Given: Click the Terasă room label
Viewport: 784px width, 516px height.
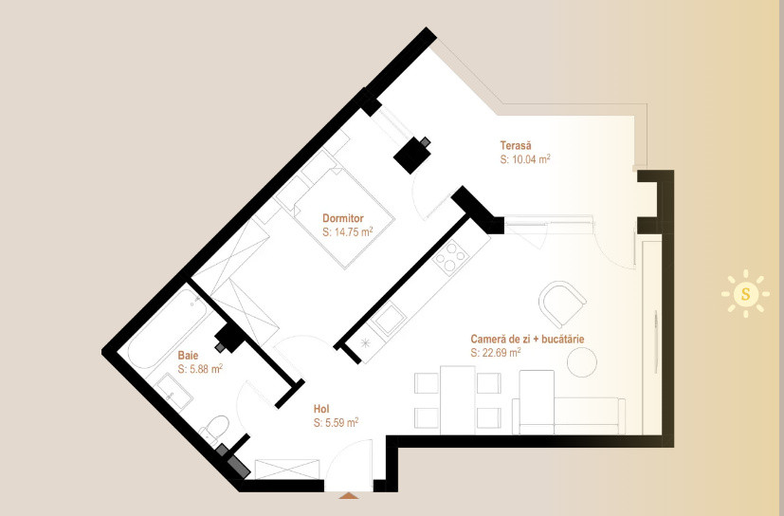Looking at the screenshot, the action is (516, 146).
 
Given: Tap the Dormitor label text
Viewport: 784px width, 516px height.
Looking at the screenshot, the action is (342, 218).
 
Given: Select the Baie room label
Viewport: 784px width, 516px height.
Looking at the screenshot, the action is (188, 356).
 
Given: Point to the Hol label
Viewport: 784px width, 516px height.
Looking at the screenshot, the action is (321, 409).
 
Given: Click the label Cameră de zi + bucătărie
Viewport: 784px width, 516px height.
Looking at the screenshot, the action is (527, 339).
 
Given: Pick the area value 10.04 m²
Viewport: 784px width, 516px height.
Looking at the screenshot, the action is (525, 159).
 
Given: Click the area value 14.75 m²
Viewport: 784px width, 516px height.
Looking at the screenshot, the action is (348, 231).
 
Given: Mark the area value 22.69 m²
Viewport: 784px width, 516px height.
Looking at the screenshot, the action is (496, 352).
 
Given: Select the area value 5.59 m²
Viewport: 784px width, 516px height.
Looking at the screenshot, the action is (336, 422).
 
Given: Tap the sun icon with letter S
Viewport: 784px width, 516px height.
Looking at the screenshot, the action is (745, 294).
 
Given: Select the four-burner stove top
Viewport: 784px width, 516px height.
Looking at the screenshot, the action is (451, 258).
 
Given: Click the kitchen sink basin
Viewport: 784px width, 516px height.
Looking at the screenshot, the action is (388, 321).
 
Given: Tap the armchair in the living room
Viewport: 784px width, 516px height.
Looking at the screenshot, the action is (562, 304).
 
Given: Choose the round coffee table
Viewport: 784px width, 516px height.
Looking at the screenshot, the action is (582, 361).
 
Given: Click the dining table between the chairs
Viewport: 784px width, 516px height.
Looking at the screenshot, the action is (458, 400).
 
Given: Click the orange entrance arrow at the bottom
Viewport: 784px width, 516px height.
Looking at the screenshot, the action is (349, 495).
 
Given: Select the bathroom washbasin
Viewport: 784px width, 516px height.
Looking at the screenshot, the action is (174, 393).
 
